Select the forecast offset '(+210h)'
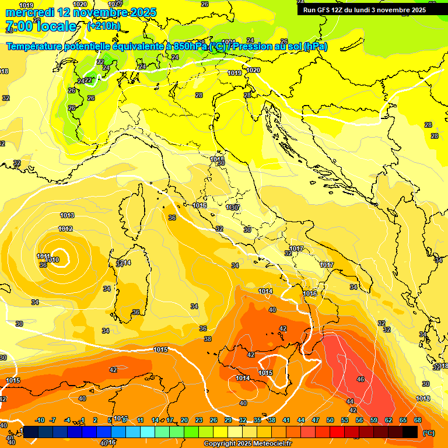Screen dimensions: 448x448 tap(103, 26)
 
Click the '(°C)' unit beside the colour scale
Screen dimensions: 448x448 tap(428, 433)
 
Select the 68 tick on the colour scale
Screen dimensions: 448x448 tap(418, 420)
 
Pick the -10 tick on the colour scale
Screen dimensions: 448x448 tap(40, 420)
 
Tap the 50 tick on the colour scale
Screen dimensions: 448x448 tap(330, 420)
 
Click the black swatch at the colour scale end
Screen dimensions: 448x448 tap(410, 432)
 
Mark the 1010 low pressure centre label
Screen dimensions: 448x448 tap(52, 260)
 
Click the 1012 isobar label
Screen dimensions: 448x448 tap(65, 229)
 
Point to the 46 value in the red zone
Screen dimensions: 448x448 tap(360, 379)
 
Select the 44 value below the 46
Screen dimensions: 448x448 tap(350, 401)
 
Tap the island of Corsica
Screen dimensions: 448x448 tap(132, 208)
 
